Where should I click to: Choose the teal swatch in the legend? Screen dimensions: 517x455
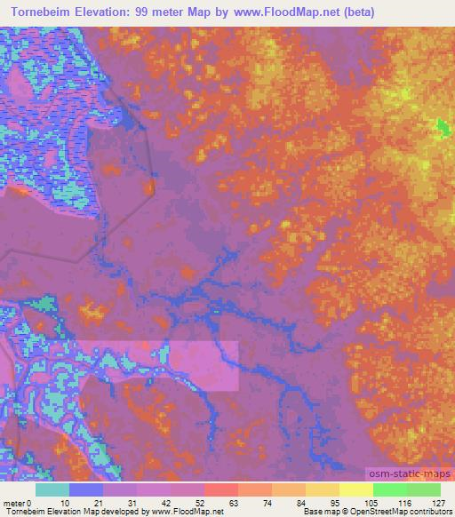52,489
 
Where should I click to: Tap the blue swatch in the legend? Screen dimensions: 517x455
86,489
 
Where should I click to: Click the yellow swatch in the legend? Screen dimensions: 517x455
355,489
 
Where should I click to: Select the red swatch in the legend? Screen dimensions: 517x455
220,489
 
